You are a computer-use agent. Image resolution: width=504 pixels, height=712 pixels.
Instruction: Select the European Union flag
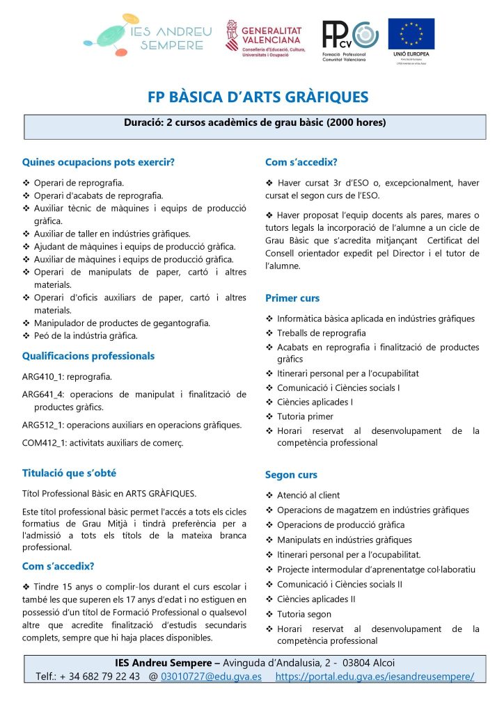(x=411, y=35)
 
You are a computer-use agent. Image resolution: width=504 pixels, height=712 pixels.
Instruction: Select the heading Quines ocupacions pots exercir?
(x=98, y=163)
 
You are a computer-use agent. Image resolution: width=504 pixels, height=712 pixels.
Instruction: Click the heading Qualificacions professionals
(x=88, y=356)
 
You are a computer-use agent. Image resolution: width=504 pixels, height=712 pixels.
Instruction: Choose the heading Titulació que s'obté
(x=69, y=473)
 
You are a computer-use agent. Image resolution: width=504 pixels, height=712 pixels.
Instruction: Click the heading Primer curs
(x=292, y=298)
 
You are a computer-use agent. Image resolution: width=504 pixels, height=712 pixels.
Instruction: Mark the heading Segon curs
(x=291, y=475)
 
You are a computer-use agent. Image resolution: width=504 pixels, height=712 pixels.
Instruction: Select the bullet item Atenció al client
(x=308, y=495)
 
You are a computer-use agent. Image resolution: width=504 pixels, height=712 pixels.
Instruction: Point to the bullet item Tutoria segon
(x=304, y=614)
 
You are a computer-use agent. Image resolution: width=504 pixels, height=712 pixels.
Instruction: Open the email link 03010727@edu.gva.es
(x=211, y=676)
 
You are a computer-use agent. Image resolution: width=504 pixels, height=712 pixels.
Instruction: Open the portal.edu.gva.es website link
(x=375, y=676)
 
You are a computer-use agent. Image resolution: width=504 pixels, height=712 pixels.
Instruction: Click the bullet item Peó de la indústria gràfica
(x=86, y=335)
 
